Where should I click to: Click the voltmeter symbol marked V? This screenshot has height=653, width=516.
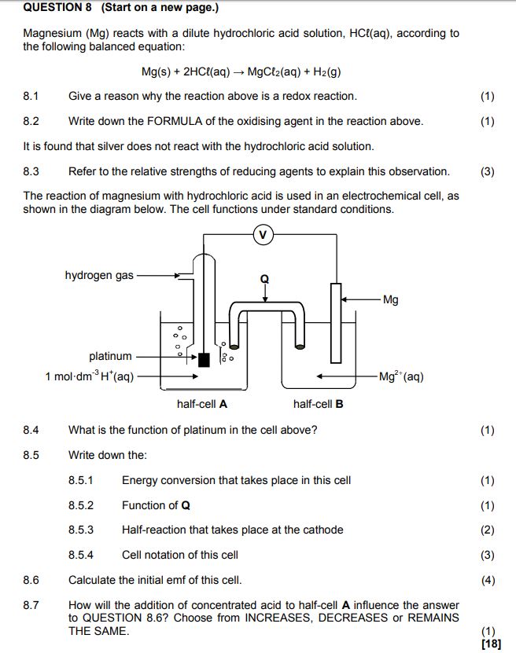pyautogui.click(x=264, y=233)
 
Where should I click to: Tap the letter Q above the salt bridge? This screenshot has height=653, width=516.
pyautogui.click(x=264, y=279)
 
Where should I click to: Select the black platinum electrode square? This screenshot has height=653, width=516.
pyautogui.click(x=205, y=360)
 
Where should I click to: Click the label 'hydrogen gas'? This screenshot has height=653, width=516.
pyautogui.click(x=99, y=276)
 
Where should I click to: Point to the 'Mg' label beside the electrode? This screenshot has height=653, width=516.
pyautogui.click(x=390, y=299)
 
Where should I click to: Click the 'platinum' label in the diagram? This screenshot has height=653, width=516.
pyautogui.click(x=110, y=357)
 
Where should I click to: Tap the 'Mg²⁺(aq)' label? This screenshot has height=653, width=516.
pyautogui.click(x=401, y=376)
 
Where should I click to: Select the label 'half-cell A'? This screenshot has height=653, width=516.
pyautogui.click(x=202, y=405)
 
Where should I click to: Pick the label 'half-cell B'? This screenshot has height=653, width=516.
pyautogui.click(x=318, y=405)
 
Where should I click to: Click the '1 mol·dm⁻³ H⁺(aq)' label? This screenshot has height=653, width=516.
pyautogui.click(x=90, y=376)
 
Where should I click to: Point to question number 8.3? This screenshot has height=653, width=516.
pyautogui.click(x=31, y=171)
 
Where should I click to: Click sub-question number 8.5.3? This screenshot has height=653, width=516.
pyautogui.click(x=80, y=530)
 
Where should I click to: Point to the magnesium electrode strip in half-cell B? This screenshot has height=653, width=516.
pyautogui.click(x=336, y=322)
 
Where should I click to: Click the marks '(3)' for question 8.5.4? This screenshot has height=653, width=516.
pyautogui.click(x=488, y=555)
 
